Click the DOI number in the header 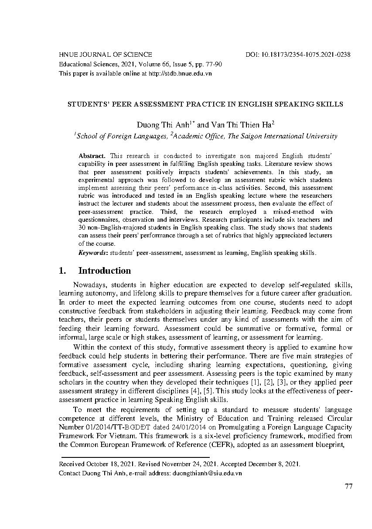305,55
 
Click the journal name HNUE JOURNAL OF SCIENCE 106,55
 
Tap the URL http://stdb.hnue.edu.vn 180,74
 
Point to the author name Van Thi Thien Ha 239,124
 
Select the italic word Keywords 93,253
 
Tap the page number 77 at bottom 348,487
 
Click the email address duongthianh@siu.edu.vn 207,473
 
